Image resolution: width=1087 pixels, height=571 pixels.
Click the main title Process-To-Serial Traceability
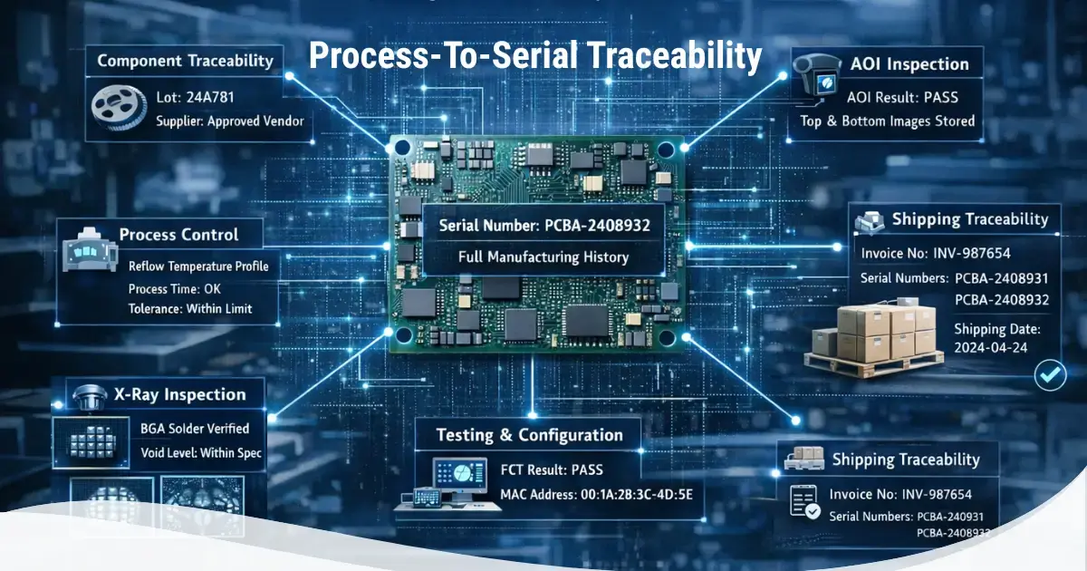pyautogui.click(x=535, y=56)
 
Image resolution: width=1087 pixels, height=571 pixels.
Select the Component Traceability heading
pyautogui.click(x=185, y=62)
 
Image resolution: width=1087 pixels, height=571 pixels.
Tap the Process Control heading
pyautogui.click(x=178, y=234)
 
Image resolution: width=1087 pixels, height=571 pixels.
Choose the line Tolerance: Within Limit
pyautogui.click(x=190, y=308)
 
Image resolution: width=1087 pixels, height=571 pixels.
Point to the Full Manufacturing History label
pyautogui.click(x=543, y=257)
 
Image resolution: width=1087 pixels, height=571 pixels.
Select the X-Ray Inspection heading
pyautogui.click(x=180, y=394)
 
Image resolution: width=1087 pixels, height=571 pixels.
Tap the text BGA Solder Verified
pyautogui.click(x=195, y=428)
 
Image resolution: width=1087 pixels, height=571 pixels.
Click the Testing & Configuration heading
pyautogui.click(x=530, y=435)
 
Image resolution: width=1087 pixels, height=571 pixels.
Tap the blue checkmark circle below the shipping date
pyautogui.click(x=1050, y=373)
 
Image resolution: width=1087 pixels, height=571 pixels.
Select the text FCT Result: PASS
pyautogui.click(x=552, y=469)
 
